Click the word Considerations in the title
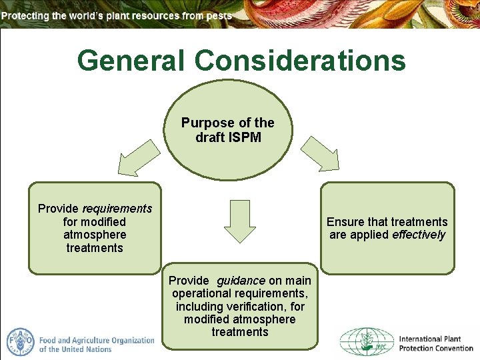coord(300,61)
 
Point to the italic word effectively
coord(418,235)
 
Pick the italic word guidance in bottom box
coord(241,281)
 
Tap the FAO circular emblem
coord(20,342)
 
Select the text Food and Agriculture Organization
coord(97,340)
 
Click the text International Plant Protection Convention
coord(434,343)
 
